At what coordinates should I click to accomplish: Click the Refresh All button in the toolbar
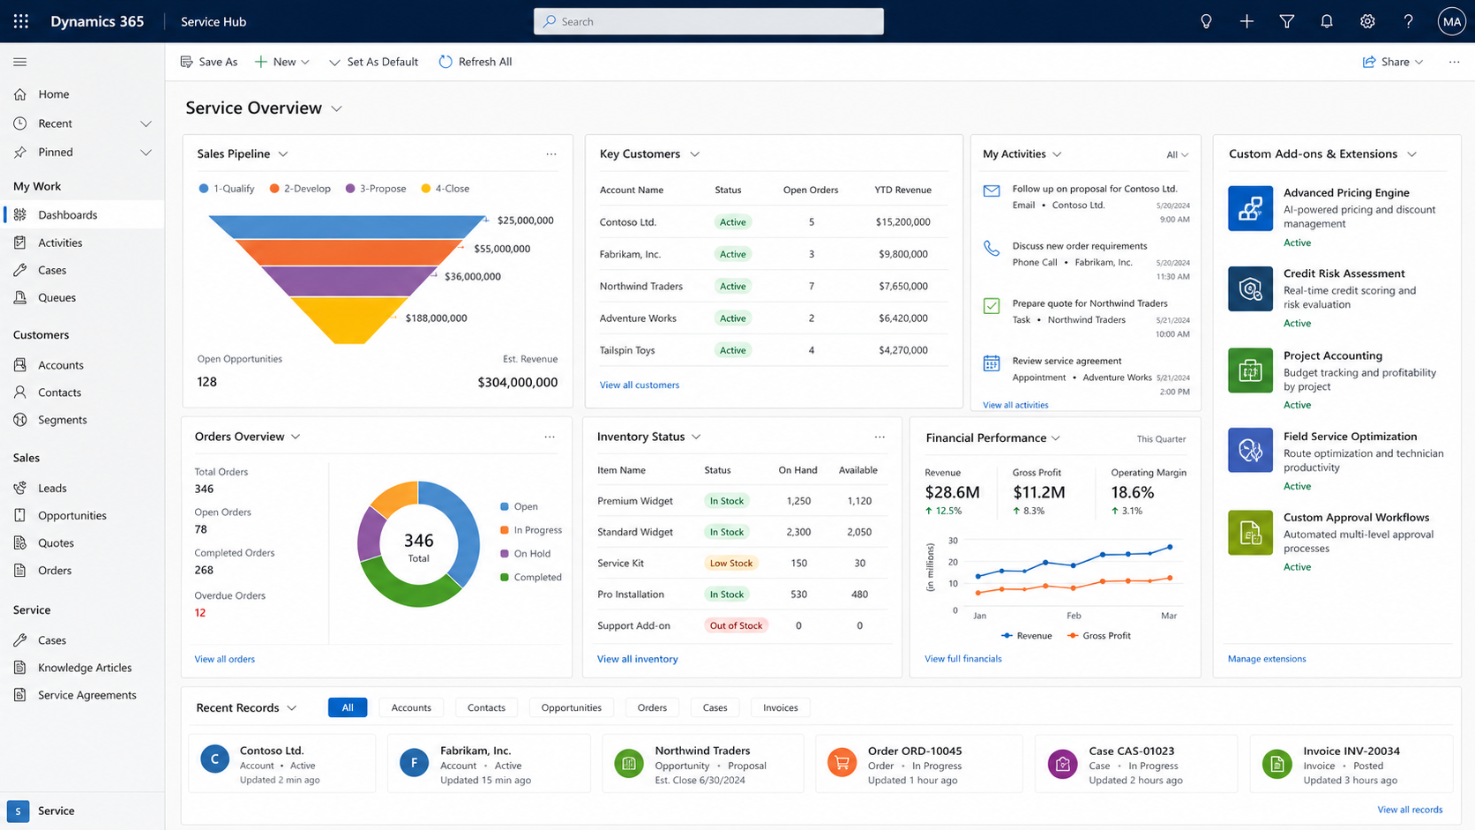(x=475, y=61)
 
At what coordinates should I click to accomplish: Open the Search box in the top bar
(x=708, y=21)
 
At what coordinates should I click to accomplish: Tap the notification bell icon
(x=1326, y=21)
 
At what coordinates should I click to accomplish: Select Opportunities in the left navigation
(x=71, y=515)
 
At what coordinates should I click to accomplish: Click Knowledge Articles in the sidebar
(x=85, y=668)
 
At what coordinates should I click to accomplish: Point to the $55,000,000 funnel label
(x=502, y=248)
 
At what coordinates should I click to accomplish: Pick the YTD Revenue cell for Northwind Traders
(x=902, y=286)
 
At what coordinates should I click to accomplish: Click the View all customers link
(x=639, y=385)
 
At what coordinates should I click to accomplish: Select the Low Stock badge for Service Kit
(x=731, y=563)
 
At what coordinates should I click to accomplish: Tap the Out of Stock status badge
(x=736, y=625)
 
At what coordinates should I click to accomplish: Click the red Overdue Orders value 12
(x=199, y=612)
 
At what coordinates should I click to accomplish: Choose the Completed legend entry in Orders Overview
(x=531, y=577)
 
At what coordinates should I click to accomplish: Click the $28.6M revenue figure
(x=952, y=491)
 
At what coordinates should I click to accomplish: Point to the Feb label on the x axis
(x=1074, y=616)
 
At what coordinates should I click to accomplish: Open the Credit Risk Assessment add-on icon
(x=1250, y=289)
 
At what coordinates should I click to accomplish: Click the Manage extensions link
(x=1266, y=658)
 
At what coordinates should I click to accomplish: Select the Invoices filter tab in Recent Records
(x=781, y=707)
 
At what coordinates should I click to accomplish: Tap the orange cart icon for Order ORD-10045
(x=842, y=763)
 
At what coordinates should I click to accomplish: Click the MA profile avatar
(x=1451, y=22)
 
